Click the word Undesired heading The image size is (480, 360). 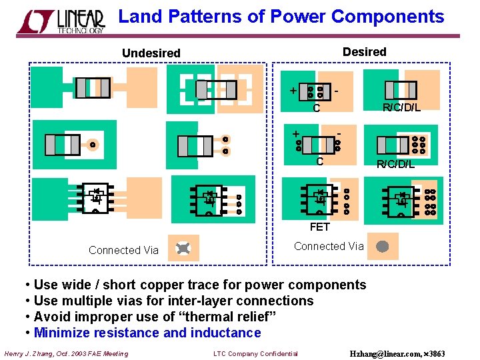151,53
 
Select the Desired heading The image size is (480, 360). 364,51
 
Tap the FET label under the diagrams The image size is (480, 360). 319,227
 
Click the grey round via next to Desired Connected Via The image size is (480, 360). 382,247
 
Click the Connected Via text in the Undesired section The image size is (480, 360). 123,250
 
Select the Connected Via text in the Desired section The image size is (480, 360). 329,246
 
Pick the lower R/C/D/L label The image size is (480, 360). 395,164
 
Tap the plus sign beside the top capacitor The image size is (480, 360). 291,90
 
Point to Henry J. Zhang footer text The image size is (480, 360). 66,353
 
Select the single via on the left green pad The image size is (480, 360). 93,145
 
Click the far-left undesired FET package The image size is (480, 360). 95,197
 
